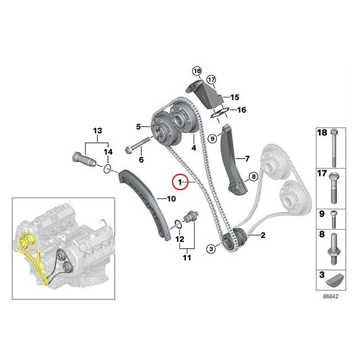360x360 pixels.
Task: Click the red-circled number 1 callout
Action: (181, 182)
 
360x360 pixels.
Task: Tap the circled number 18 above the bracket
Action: (196, 70)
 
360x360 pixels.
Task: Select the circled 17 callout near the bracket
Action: (211, 79)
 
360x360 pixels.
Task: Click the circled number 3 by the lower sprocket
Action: (211, 248)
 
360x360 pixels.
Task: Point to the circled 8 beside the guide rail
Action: (253, 177)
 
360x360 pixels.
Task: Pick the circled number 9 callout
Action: (212, 138)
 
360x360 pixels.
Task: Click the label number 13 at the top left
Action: (98, 130)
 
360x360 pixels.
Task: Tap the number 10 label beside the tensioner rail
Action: (170, 198)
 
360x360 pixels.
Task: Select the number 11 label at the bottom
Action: (186, 258)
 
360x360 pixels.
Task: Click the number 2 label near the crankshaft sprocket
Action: (262, 235)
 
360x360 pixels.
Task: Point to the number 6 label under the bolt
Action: (141, 160)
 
